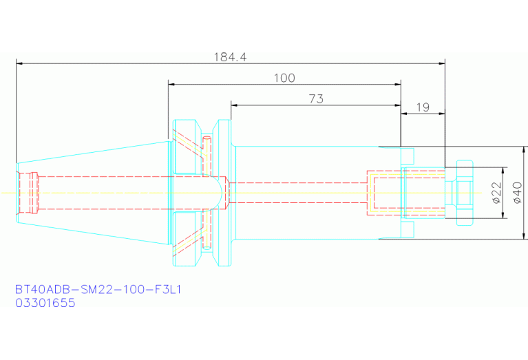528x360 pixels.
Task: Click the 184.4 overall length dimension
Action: (231, 57)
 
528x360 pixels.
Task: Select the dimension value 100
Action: (284, 78)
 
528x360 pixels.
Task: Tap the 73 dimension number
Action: (316, 99)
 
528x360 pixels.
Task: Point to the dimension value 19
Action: (423, 107)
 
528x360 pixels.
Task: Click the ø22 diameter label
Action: (497, 193)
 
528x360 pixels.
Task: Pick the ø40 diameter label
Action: (517, 193)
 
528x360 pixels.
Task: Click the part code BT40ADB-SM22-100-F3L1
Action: (98, 289)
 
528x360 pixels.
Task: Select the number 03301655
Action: (45, 303)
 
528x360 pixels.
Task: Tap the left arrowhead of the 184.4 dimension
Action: (19, 63)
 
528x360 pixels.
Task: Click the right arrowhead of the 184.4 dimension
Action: (442, 63)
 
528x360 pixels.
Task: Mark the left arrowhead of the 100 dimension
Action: (171, 84)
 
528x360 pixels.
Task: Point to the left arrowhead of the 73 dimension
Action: (234, 105)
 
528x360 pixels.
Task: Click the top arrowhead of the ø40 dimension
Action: (524, 150)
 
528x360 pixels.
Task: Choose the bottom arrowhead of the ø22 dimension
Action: (503, 215)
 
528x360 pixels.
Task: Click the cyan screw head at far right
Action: (465, 193)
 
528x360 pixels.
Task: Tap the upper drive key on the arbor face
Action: (408, 156)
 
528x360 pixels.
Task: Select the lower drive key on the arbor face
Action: (408, 229)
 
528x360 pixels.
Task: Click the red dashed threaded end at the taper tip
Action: (28, 193)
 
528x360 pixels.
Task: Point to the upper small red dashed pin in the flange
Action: (207, 156)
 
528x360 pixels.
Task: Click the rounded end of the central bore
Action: (220, 193)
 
